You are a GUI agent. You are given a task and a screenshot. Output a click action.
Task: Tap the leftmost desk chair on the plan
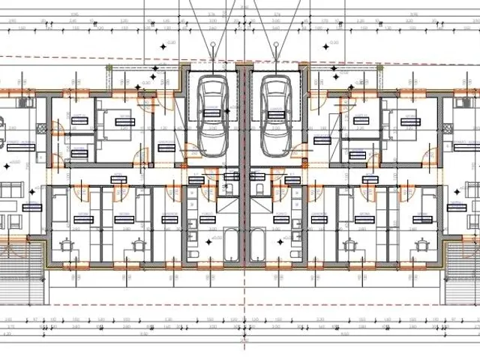coord(66,243)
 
